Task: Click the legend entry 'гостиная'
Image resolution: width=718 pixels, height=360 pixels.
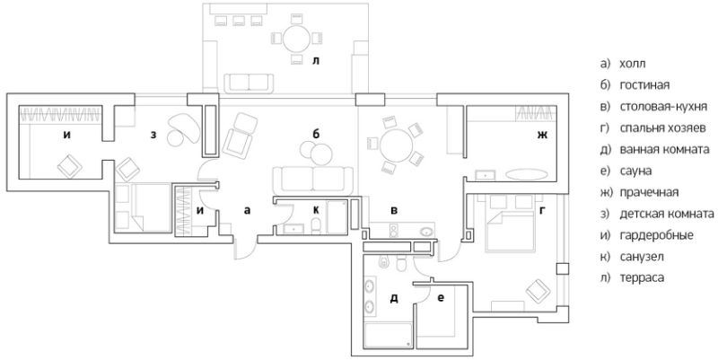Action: pos(640,85)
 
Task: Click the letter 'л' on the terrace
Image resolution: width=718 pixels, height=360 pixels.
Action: pos(315,63)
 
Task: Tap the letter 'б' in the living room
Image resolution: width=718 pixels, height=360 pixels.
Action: pos(315,134)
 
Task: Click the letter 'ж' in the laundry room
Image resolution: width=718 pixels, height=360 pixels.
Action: pos(541,137)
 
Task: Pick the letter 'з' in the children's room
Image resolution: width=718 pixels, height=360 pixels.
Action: pos(153,136)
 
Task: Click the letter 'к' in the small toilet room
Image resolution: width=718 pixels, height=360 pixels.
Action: pos(315,209)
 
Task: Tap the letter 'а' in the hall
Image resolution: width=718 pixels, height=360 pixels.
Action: pos(246,209)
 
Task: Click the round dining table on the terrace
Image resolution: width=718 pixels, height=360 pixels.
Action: pos(297,39)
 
